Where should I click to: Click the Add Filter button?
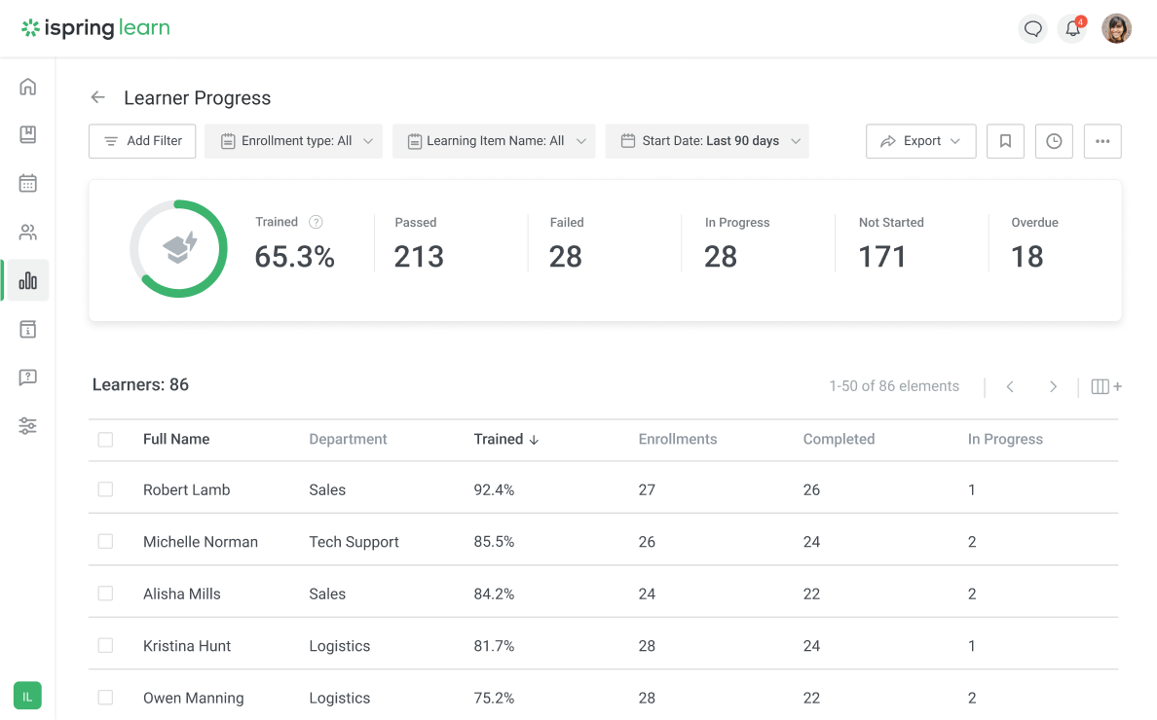coord(142,141)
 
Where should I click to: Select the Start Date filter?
coord(707,141)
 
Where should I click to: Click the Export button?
coord(920,141)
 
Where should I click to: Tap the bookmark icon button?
coord(1005,141)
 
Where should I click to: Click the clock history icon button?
coord(1054,141)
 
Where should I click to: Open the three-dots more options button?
coord(1102,141)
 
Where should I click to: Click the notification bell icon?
coord(1072,29)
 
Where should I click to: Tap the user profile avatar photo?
coord(1116,29)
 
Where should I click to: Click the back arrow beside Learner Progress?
coord(97,97)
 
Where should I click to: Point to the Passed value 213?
coord(419,257)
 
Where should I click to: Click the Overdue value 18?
coord(1027,257)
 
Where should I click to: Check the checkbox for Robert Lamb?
coord(105,490)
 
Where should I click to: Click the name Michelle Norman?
coord(201,542)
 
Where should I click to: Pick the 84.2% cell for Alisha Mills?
coord(494,594)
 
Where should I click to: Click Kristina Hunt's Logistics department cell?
coord(340,646)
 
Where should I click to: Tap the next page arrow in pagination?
coord(1053,387)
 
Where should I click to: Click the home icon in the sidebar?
coord(28,87)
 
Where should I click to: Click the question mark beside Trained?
coord(316,223)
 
